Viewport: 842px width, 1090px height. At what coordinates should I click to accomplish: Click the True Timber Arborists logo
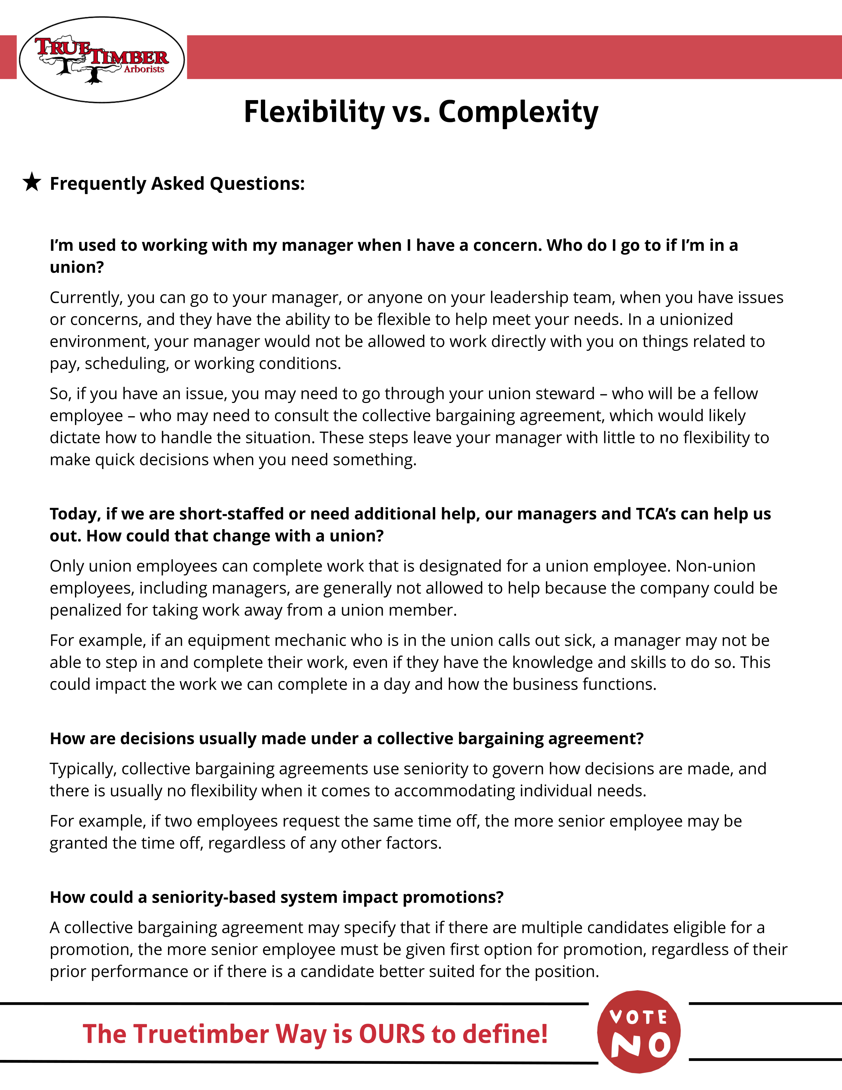(x=102, y=60)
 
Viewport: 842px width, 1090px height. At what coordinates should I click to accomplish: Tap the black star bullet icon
(x=32, y=182)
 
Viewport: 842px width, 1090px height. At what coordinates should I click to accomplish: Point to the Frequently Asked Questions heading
(x=177, y=184)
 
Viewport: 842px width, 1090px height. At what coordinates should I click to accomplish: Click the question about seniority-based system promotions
(x=277, y=897)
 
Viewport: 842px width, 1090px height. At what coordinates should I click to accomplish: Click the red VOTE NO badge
(x=639, y=1032)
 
